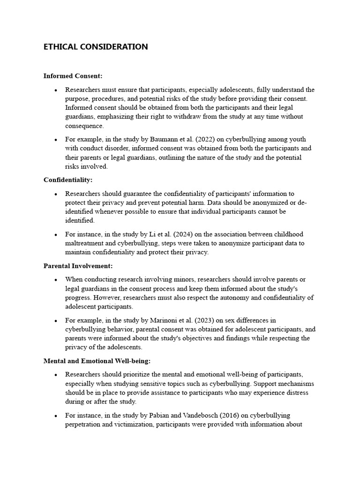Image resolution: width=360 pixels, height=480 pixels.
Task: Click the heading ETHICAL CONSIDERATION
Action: point(96,47)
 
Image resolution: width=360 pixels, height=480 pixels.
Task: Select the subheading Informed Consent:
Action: point(73,75)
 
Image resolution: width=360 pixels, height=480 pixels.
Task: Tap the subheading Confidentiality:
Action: point(68,180)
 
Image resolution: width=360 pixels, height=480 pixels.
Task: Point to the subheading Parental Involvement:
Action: point(78,266)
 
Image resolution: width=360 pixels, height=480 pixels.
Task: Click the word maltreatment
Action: point(86,243)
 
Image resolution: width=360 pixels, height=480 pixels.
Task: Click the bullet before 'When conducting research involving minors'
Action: point(56,280)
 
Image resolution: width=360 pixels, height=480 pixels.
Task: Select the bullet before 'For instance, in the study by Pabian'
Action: point(56,416)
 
